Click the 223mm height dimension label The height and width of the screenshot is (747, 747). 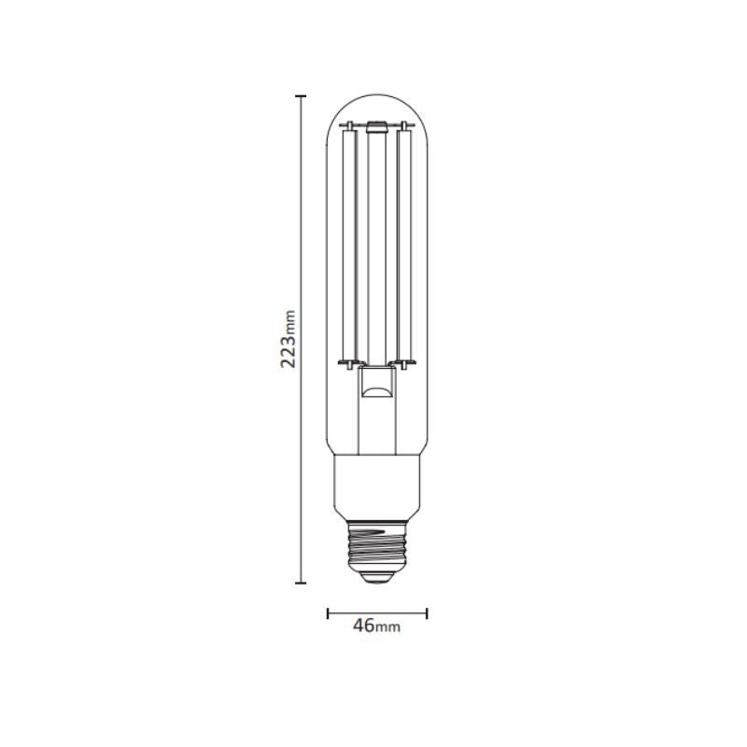click(x=289, y=340)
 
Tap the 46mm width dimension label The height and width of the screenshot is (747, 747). click(x=376, y=626)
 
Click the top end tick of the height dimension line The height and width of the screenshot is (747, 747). click(x=301, y=96)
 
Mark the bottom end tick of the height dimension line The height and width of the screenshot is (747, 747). click(x=301, y=583)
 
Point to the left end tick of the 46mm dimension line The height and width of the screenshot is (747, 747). click(x=328, y=613)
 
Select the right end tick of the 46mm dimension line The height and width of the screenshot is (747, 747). click(x=427, y=613)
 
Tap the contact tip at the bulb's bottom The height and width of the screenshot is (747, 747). click(x=377, y=578)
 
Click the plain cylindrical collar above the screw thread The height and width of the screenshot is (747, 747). click(x=377, y=487)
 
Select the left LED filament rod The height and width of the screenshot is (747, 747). click(x=349, y=243)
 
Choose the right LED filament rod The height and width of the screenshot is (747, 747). click(x=404, y=243)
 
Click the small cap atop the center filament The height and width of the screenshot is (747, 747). click(x=377, y=124)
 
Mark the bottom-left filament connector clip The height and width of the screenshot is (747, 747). click(x=347, y=361)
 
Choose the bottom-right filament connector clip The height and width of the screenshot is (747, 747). click(x=407, y=361)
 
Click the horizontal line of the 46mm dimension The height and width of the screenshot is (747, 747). click(x=377, y=613)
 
